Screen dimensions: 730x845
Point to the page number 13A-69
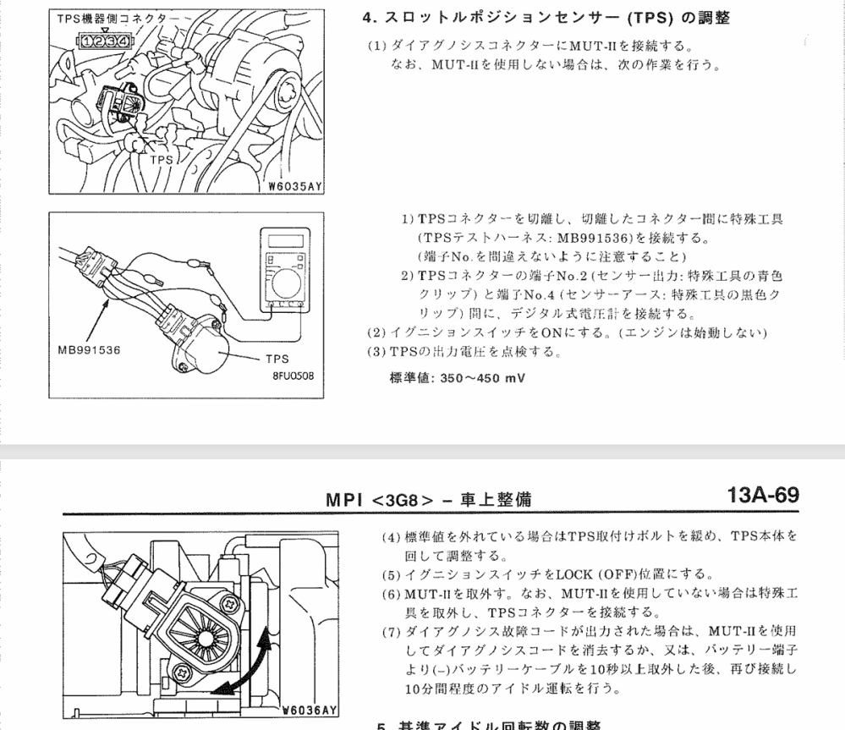pyautogui.click(x=762, y=496)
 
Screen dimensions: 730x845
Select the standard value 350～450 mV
pyautogui.click(x=456, y=377)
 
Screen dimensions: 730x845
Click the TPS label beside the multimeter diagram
pyautogui.click(x=277, y=359)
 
